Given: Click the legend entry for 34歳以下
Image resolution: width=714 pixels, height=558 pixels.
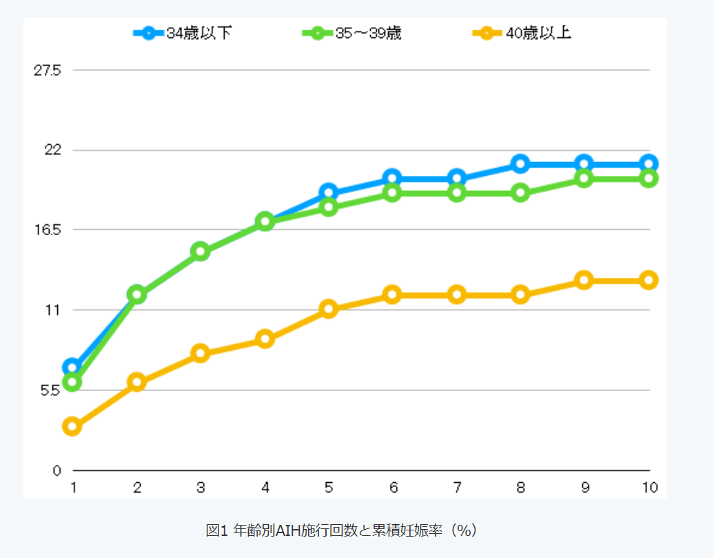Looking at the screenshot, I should (x=183, y=33).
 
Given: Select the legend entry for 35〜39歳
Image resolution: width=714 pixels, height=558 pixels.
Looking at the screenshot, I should (x=352, y=33).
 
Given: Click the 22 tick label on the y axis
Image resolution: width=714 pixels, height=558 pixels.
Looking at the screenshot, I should (x=53, y=150).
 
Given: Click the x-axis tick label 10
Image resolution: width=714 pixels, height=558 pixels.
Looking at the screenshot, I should (x=649, y=488).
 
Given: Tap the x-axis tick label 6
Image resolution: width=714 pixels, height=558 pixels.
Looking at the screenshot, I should (x=393, y=488).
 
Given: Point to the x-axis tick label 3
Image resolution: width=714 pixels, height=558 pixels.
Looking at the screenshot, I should (x=201, y=488).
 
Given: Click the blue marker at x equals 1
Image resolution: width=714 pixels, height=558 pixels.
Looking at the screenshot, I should (x=72, y=367).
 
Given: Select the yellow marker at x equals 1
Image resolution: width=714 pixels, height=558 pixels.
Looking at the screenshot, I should (x=72, y=426).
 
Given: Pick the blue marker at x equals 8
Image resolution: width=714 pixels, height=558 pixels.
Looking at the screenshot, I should (x=520, y=163).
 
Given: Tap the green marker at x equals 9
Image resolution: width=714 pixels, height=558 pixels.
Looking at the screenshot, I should (x=584, y=179).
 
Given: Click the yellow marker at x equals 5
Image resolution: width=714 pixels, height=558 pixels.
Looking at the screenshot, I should (x=328, y=309).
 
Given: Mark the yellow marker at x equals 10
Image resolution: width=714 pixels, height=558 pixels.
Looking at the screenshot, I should (x=648, y=280).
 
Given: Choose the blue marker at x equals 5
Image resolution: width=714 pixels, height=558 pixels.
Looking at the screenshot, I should (x=328, y=193).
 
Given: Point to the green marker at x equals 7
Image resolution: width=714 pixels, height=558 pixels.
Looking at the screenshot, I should (x=456, y=193).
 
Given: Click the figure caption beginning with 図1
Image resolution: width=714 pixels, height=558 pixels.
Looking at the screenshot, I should (x=342, y=530).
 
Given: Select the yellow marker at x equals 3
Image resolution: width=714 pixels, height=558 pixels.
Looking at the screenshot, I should (x=201, y=353).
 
